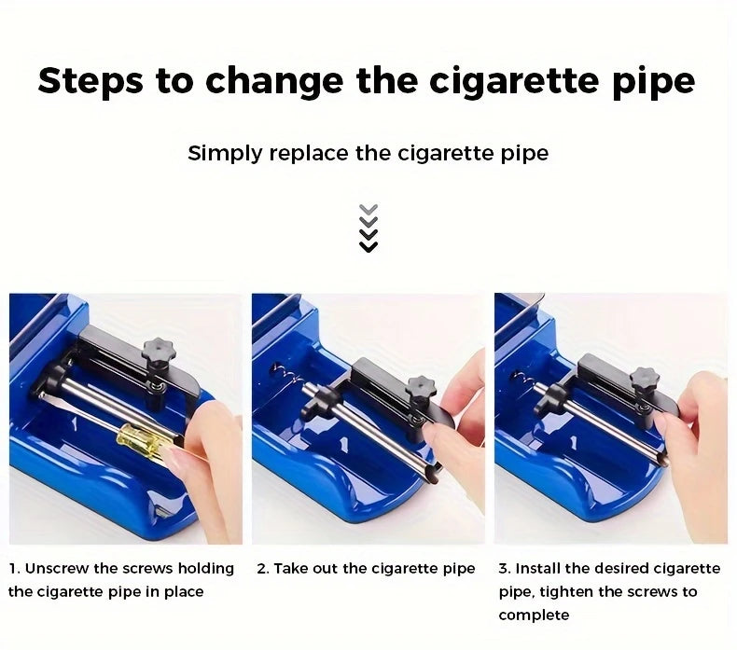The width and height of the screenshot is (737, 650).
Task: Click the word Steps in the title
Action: (x=90, y=80)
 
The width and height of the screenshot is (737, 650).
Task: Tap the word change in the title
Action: (x=275, y=82)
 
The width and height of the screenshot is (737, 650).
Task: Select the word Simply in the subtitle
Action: (x=225, y=154)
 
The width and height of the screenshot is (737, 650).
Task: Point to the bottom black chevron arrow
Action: (x=368, y=247)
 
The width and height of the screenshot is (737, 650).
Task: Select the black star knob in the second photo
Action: (x=421, y=387)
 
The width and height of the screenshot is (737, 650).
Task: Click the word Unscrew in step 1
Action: (x=56, y=569)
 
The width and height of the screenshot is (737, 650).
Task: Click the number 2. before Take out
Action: (x=262, y=569)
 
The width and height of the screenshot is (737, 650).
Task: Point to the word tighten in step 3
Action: (x=567, y=592)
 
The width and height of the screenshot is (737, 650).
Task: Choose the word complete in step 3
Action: (x=534, y=615)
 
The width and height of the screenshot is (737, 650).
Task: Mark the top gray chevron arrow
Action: (x=368, y=209)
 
